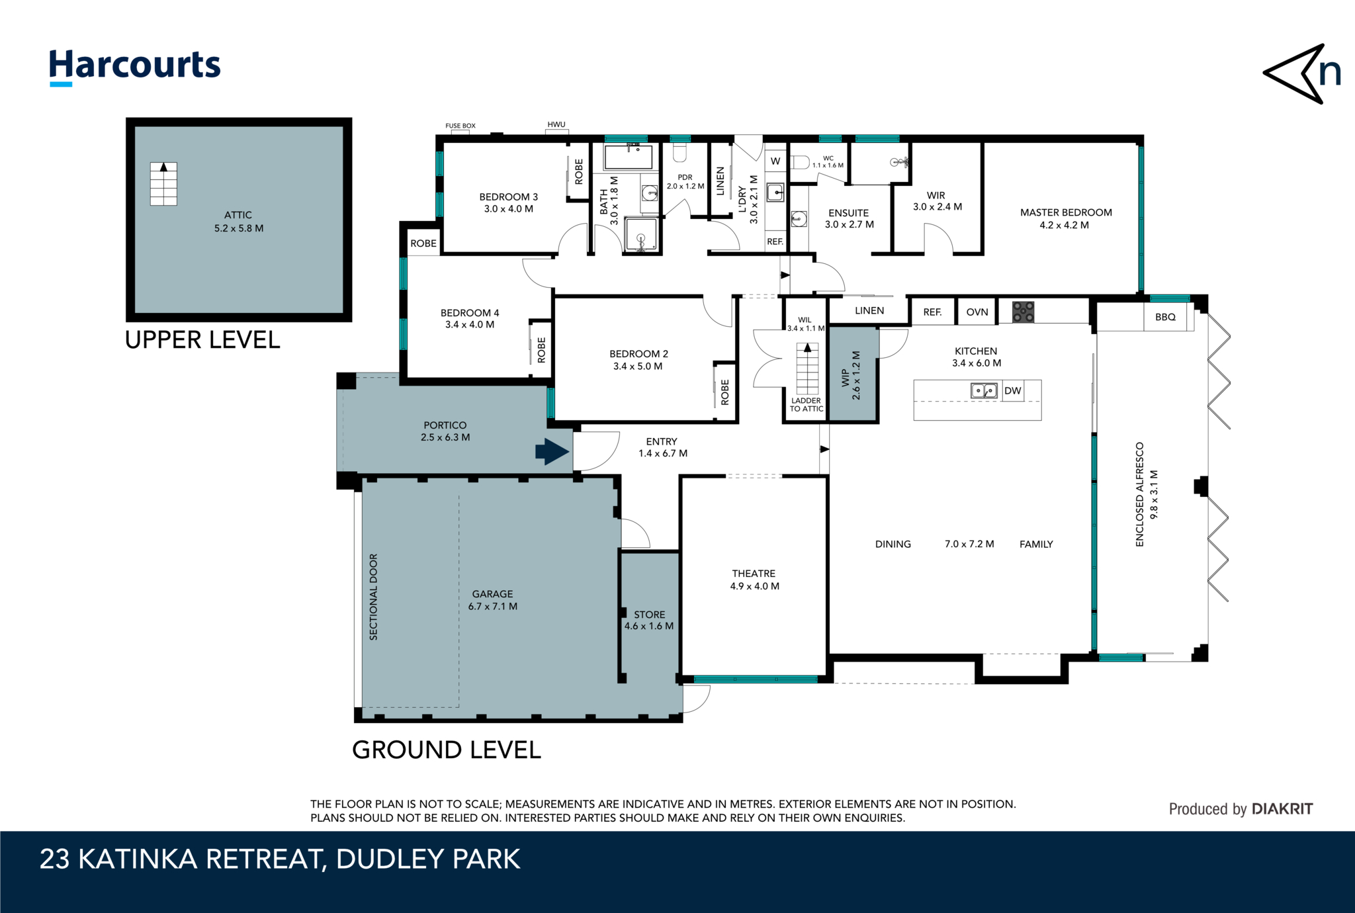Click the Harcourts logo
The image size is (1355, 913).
click(x=134, y=66)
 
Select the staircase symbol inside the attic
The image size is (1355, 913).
click(x=163, y=184)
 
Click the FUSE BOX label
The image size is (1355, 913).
click(x=460, y=126)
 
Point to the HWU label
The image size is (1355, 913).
click(x=556, y=124)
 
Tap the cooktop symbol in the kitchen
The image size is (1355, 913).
click(x=1023, y=311)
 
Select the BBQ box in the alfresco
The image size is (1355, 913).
click(x=1165, y=317)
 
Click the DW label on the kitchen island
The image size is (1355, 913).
click(x=1012, y=390)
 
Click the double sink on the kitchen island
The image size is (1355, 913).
click(x=983, y=390)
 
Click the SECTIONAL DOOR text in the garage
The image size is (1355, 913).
click(x=373, y=597)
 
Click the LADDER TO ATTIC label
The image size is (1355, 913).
click(x=806, y=404)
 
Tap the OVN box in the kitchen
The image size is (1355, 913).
click(x=977, y=312)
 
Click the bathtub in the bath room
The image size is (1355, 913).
click(x=628, y=157)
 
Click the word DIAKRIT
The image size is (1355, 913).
click(x=1282, y=808)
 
